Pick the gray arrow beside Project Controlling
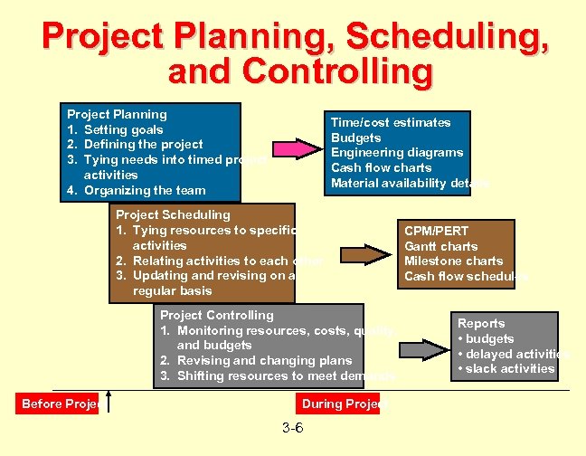(x=421, y=348)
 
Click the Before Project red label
(x=61, y=404)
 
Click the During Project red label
(x=340, y=404)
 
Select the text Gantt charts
(x=440, y=246)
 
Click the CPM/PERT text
(x=436, y=231)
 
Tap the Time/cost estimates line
(x=391, y=122)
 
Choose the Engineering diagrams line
(x=397, y=152)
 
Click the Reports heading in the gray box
(x=481, y=323)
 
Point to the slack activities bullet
(x=506, y=368)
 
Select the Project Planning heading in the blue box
(x=117, y=114)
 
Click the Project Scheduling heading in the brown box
(x=172, y=214)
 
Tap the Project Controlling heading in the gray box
(x=216, y=315)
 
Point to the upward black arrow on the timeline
(x=109, y=399)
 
